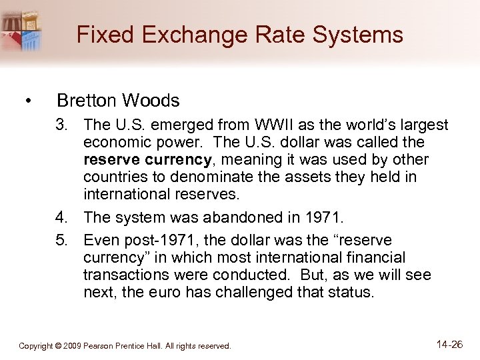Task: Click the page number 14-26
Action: click(449, 344)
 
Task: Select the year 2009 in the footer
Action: click(72, 346)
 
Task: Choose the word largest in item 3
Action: click(422, 125)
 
